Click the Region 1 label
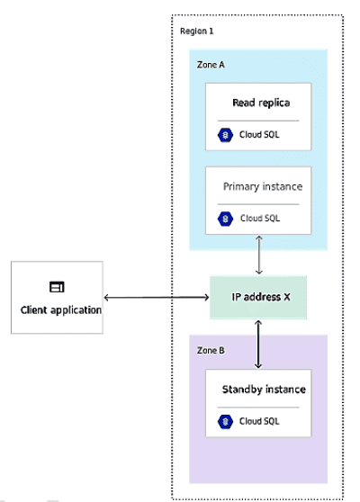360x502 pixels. [x=197, y=31]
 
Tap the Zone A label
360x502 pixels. [x=211, y=65]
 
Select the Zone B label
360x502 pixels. [x=211, y=349]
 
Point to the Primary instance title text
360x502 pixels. [x=262, y=186]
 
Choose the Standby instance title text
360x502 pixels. [x=264, y=390]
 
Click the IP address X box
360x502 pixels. [x=258, y=298]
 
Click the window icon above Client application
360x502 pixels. [x=56, y=287]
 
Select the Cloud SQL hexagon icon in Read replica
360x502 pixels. [x=225, y=135]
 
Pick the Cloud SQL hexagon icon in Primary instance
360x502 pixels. [x=225, y=218]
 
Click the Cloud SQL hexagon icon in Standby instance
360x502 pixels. [x=225, y=421]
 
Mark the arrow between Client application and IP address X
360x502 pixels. [x=157, y=298]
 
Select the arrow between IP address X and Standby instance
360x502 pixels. [x=259, y=344]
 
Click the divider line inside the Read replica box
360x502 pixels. [x=258, y=120]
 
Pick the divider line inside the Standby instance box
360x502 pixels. [x=258, y=407]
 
